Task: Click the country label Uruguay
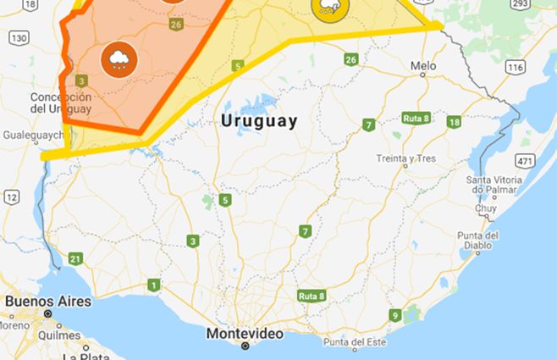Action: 259,121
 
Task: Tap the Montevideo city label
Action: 245,334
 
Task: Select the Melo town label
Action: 423,65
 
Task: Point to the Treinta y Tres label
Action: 406,158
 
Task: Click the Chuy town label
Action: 486,208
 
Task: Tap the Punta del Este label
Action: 356,342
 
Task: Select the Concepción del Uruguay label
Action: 60,102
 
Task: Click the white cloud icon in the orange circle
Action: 117,58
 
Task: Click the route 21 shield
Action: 76,259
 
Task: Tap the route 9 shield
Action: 394,315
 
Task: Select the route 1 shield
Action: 153,285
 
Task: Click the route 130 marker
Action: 19,37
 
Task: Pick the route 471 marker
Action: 525,161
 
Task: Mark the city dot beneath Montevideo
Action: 245,346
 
